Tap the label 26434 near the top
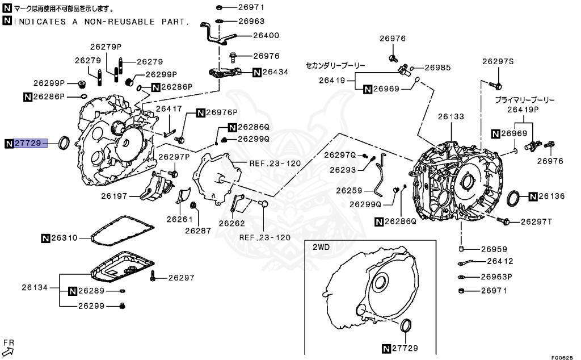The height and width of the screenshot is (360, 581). pyautogui.click(x=276, y=72)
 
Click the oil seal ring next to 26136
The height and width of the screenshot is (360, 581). pyautogui.click(x=513, y=198)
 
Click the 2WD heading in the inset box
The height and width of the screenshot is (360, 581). pyautogui.click(x=321, y=248)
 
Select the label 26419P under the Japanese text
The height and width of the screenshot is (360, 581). pyautogui.click(x=523, y=109)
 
